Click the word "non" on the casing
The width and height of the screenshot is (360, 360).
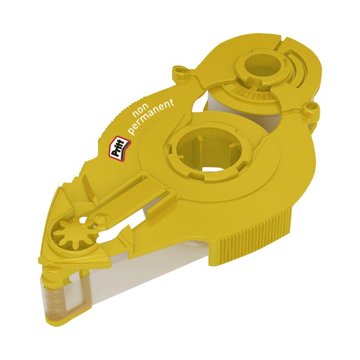141,110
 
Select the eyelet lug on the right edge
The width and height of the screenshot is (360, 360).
311,108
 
